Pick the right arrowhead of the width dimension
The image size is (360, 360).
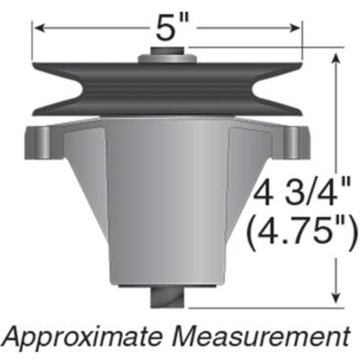pos(297,30)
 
